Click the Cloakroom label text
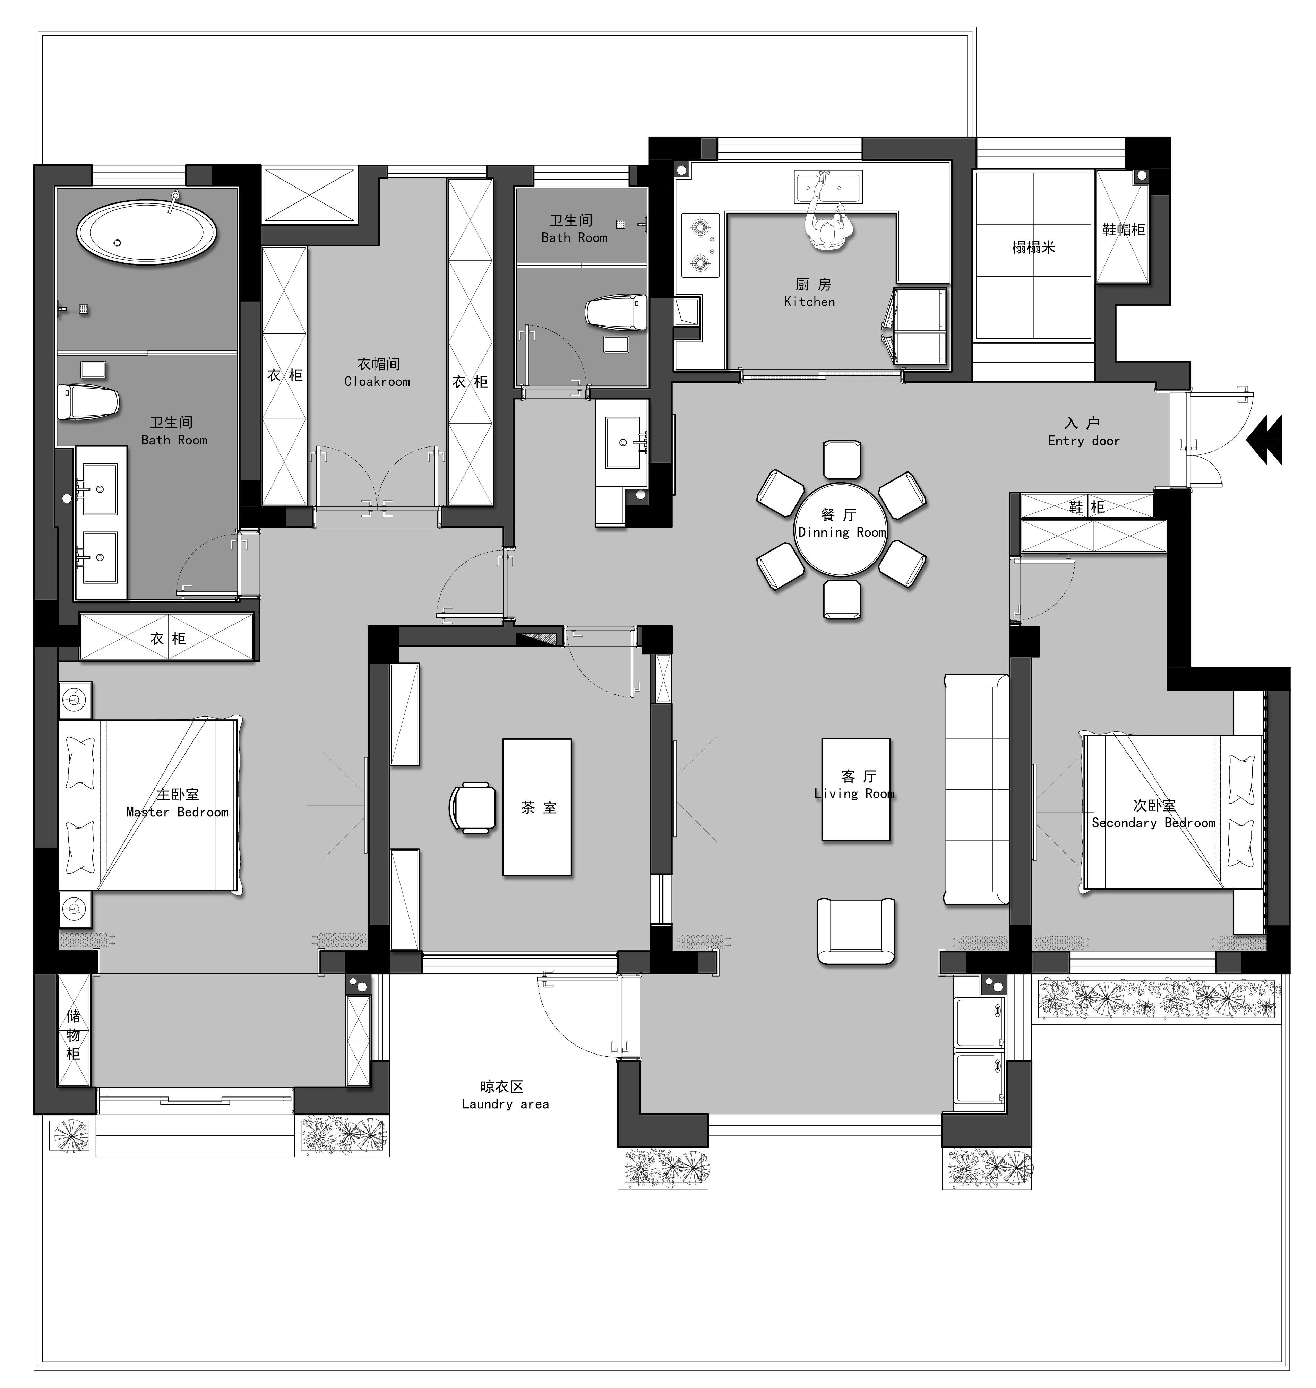[x=377, y=382]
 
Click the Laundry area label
[x=505, y=1104]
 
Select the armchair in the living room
[x=856, y=931]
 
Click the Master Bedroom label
[x=178, y=812]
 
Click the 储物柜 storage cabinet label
[x=73, y=1034]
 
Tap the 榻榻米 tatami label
[x=1033, y=248]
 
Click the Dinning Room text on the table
[x=842, y=532]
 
